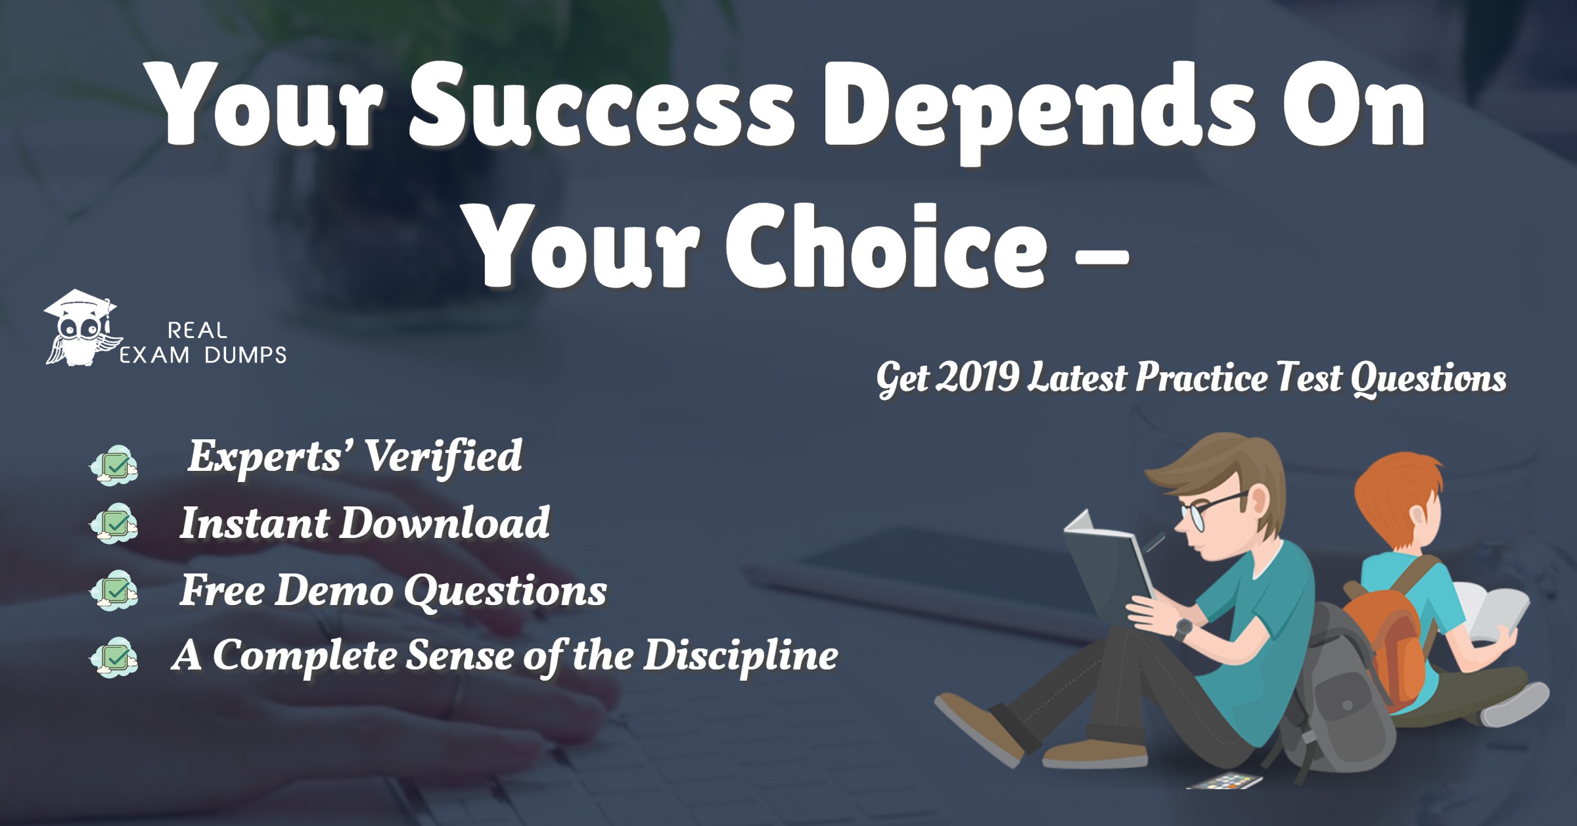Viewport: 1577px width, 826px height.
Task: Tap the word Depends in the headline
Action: (1038, 109)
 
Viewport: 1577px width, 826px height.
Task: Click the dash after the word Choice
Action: (1102, 256)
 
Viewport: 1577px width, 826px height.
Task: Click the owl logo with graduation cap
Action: (80, 329)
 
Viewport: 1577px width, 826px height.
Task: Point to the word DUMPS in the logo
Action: (245, 356)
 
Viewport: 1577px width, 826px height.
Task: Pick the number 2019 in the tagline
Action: (977, 377)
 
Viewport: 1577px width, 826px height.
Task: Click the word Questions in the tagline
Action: (1428, 379)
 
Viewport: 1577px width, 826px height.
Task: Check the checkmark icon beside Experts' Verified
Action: (115, 466)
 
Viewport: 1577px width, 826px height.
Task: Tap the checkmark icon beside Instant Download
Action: (115, 523)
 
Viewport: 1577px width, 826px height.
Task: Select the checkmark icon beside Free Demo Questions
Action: (115, 590)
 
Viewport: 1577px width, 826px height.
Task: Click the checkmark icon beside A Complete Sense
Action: (115, 656)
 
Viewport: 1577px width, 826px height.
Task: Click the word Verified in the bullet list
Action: (443, 456)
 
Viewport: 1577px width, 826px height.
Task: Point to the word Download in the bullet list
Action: (444, 523)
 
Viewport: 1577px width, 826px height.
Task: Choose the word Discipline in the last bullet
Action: (740, 656)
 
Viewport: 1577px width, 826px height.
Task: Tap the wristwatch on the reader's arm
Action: (1183, 628)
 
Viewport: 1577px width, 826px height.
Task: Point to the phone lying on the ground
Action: (1225, 781)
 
